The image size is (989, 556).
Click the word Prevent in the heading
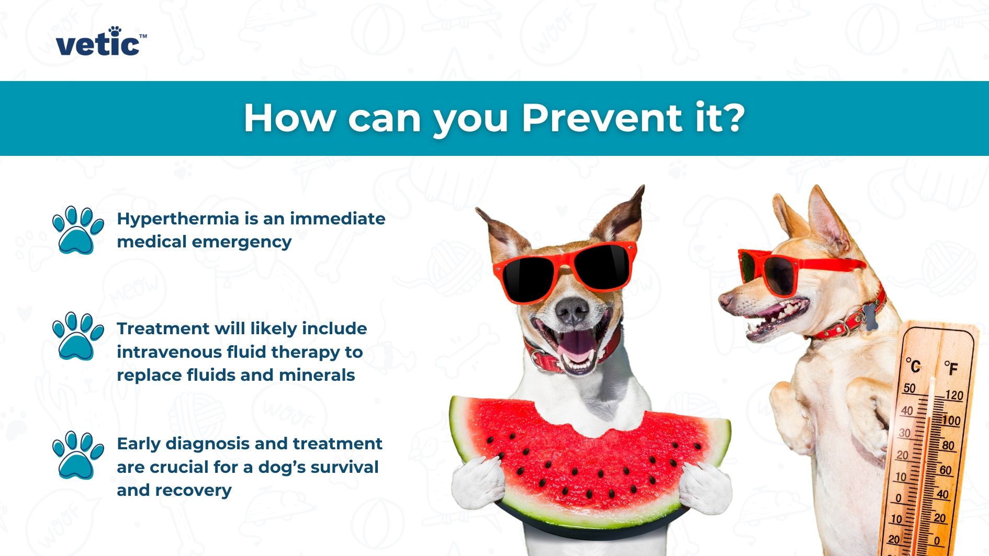[602, 118]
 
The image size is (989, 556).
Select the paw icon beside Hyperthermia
[77, 230]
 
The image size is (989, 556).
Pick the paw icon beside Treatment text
[77, 336]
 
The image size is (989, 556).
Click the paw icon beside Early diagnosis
[77, 455]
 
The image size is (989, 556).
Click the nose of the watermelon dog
[571, 310]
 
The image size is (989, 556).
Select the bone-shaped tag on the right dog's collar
[870, 317]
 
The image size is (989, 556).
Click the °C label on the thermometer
[914, 365]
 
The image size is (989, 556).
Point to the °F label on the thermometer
[951, 368]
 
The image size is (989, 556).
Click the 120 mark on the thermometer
[953, 395]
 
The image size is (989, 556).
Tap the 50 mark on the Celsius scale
[909, 389]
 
